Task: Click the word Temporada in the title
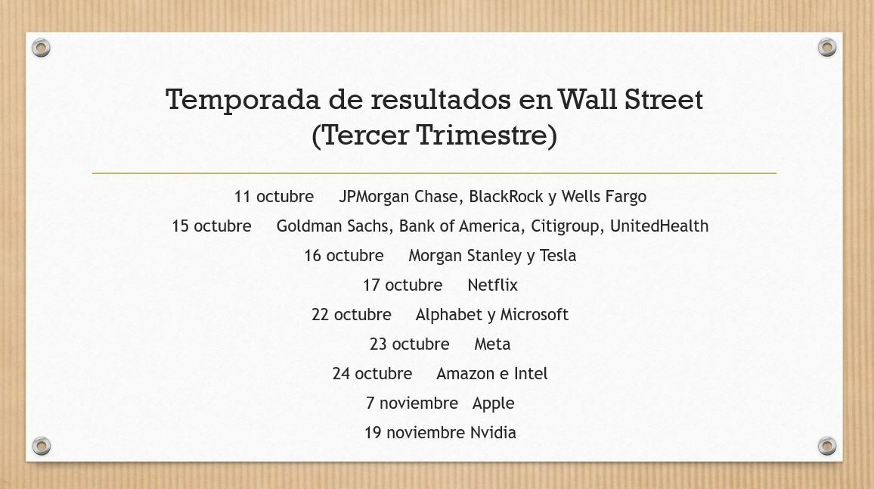click(243, 100)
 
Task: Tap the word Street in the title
click(663, 99)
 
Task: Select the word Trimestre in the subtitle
click(486, 135)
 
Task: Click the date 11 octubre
click(274, 197)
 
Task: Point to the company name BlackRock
click(506, 197)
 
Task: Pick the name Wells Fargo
click(603, 197)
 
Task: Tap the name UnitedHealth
click(659, 226)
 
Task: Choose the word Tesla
click(558, 256)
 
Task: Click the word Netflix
click(493, 285)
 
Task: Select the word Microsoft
click(534, 315)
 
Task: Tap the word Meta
click(492, 344)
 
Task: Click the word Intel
click(531, 374)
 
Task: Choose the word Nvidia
click(493, 433)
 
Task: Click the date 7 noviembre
click(412, 403)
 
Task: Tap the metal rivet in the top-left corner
click(41, 48)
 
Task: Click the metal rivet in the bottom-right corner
click(827, 446)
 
